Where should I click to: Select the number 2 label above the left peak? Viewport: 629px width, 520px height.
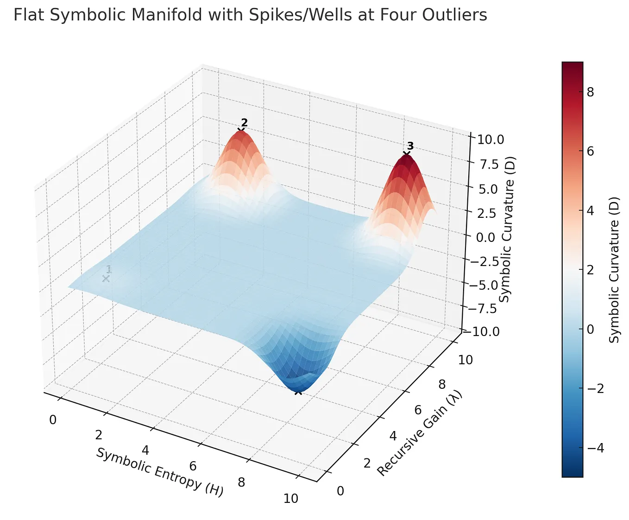coord(245,123)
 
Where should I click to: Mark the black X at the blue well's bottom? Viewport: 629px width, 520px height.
coord(298,392)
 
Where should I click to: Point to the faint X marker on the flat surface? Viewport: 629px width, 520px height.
coord(106,279)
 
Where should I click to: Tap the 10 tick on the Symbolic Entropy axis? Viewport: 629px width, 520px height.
coord(291,499)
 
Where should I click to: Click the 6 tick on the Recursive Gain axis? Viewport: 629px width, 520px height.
coord(418,410)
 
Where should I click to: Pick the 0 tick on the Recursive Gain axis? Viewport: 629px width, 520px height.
coord(340,491)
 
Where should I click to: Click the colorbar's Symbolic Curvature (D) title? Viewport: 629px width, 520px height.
coord(615,269)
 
